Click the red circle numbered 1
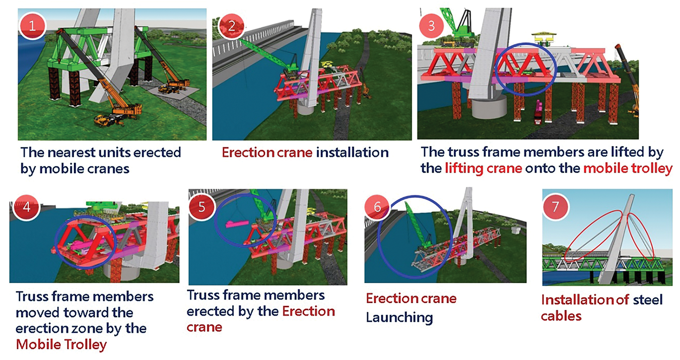[x=32, y=26]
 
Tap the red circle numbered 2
[x=231, y=26]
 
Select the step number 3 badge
[x=431, y=26]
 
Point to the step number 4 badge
[x=27, y=207]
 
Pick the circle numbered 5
[x=201, y=207]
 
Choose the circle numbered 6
[x=377, y=207]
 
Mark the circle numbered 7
[x=555, y=207]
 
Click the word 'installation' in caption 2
[x=352, y=153]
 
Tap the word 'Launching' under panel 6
[x=399, y=318]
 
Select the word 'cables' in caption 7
[x=561, y=316]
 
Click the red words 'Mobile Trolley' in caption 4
[x=61, y=344]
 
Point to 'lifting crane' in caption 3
[x=483, y=168]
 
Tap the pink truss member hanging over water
[x=237, y=224]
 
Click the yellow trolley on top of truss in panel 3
[x=543, y=38]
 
